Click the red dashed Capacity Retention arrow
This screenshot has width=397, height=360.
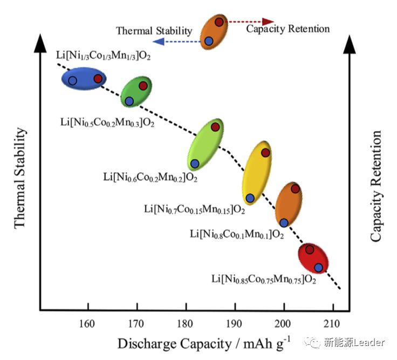243,22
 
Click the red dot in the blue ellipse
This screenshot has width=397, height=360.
98,79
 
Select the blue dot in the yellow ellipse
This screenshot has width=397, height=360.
250,198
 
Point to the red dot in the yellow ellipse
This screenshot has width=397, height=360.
265,153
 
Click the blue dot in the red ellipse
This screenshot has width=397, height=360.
319,267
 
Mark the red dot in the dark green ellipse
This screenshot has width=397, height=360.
143,86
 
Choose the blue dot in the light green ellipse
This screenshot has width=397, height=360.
195,164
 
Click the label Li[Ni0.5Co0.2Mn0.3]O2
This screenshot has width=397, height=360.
107,123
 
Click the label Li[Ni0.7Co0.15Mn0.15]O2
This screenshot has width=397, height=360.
194,208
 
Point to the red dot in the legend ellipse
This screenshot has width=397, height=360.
219,22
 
